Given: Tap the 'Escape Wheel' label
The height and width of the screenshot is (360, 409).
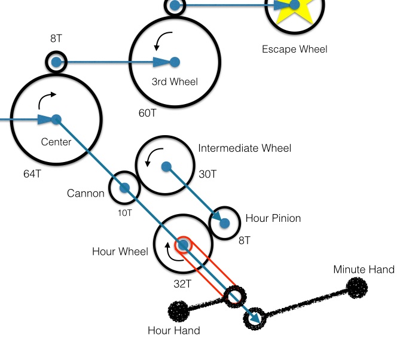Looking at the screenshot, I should pyautogui.click(x=295, y=49).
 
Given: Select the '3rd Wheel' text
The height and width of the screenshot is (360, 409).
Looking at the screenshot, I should pyautogui.click(x=174, y=82).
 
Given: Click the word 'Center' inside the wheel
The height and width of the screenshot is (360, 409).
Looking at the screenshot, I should pyautogui.click(x=56, y=142).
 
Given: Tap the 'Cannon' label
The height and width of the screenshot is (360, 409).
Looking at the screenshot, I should pyautogui.click(x=86, y=193).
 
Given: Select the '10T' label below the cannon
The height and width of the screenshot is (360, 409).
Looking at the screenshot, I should pyautogui.click(x=125, y=211).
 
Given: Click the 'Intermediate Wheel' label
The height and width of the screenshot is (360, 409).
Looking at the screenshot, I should pyautogui.click(x=245, y=148).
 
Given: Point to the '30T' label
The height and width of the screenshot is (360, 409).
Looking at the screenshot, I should pyautogui.click(x=207, y=174).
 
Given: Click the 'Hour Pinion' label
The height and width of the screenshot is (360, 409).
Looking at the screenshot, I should pyautogui.click(x=273, y=218).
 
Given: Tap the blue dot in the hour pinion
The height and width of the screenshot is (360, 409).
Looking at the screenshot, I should pyautogui.click(x=225, y=223).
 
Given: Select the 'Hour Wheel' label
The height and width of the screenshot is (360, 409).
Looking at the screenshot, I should pyautogui.click(x=120, y=251).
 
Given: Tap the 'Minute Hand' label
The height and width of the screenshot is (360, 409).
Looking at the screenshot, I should pyautogui.click(x=364, y=270).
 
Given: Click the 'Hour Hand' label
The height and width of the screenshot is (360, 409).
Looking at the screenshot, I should pyautogui.click(x=174, y=330).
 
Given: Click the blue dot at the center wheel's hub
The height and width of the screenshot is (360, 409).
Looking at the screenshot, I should pyautogui.click(x=56, y=119).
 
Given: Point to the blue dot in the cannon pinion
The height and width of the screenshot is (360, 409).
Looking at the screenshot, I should pyautogui.click(x=125, y=188).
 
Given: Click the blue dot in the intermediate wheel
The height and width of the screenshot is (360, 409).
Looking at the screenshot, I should pyautogui.click(x=166, y=166).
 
